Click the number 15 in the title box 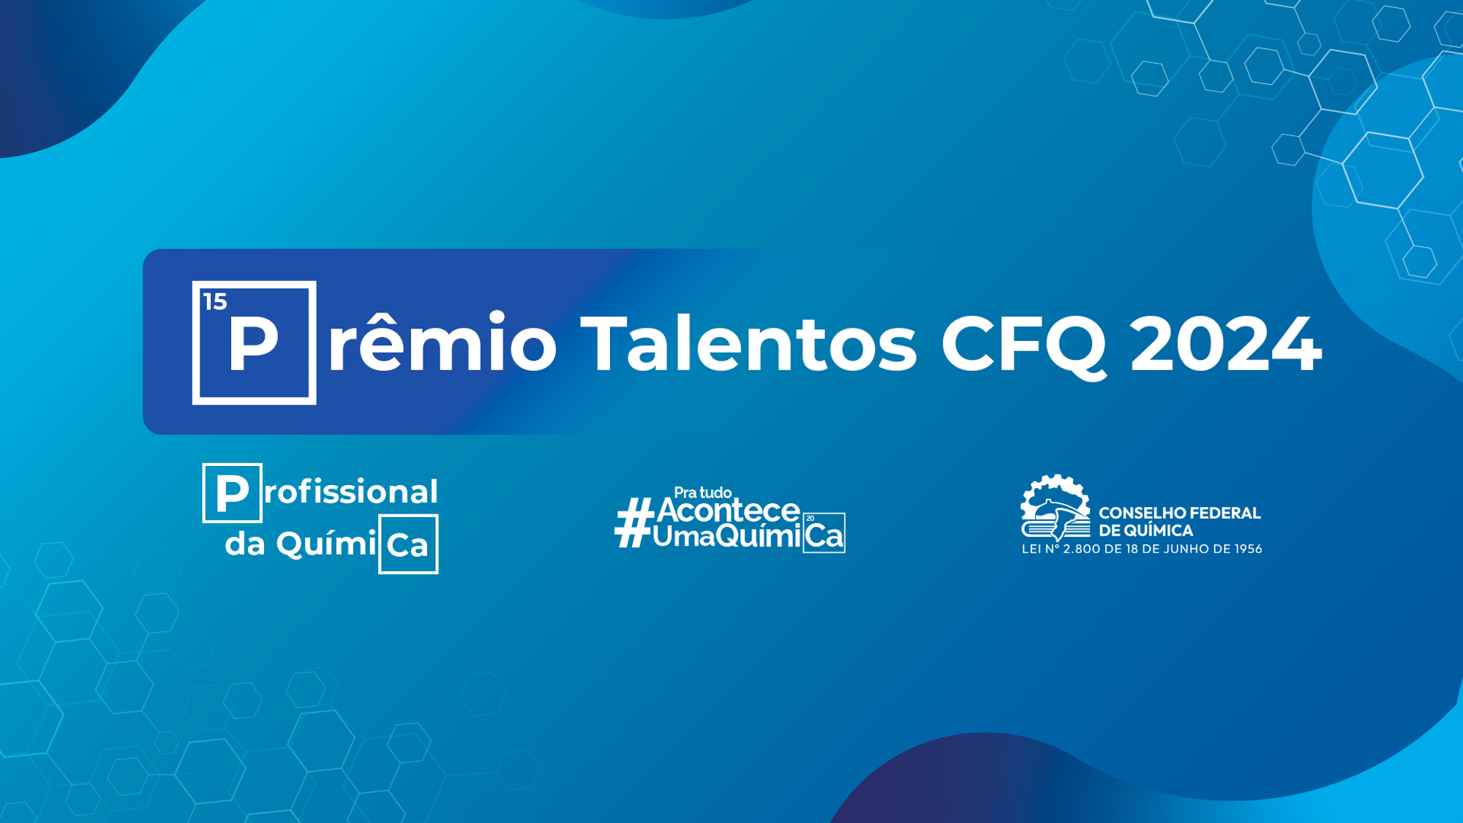click(215, 301)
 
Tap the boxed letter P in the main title click(255, 342)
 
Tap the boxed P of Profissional click(233, 493)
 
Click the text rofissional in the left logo click(351, 492)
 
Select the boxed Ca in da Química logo click(408, 544)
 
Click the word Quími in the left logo click(326, 543)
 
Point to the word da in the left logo click(245, 544)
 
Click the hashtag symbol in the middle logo click(634, 522)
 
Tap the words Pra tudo click(703, 492)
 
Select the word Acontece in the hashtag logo click(729, 510)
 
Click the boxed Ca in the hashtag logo click(824, 533)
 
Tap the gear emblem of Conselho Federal click(1056, 508)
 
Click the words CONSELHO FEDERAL click(1180, 513)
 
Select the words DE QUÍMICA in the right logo click(1146, 530)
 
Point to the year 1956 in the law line click(1249, 549)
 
